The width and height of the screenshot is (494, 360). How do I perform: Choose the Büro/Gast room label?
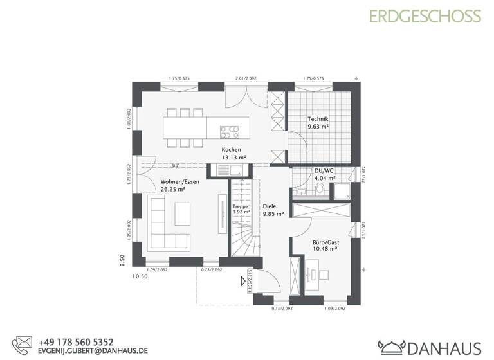(325, 246)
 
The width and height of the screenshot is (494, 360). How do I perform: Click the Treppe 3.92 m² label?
(241, 208)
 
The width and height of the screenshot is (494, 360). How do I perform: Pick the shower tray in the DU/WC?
(342, 189)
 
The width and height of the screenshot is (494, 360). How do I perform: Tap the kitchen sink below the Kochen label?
(228, 170)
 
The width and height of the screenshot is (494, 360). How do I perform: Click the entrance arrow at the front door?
(243, 280)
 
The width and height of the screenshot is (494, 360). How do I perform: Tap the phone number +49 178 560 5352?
(76, 342)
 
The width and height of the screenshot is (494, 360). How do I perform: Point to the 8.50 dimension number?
(122, 260)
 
